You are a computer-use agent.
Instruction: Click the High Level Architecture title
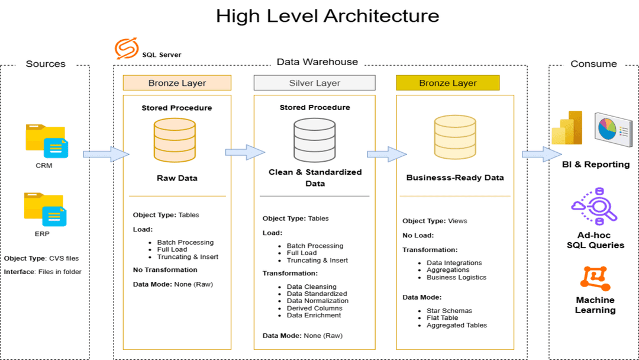pos(327,15)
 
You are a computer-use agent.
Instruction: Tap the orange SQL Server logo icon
pos(127,49)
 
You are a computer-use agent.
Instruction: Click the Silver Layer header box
pos(314,83)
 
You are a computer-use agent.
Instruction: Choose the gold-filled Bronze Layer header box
pos(447,83)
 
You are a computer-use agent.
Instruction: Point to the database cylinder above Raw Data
pos(175,137)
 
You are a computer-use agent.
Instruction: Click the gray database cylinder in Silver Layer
pos(314,137)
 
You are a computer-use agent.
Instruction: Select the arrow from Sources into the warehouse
pos(106,155)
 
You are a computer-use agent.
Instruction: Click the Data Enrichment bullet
pos(314,315)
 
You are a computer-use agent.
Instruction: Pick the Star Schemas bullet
pos(449,311)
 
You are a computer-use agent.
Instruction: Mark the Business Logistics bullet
pos(456,277)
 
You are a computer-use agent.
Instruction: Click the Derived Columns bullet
pos(314,308)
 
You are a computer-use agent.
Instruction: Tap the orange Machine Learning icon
pos(595,278)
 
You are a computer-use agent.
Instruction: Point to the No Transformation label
pos(165,270)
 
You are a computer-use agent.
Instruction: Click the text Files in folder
pos(60,272)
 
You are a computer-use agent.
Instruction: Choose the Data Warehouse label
pos(317,62)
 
